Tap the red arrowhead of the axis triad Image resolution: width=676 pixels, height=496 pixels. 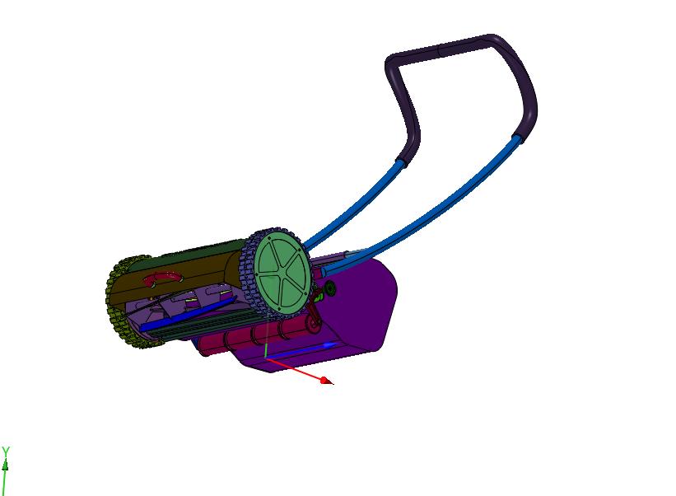click(x=326, y=381)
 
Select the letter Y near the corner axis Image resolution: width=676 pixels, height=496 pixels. click(x=6, y=452)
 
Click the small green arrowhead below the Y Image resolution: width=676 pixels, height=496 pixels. click(x=5, y=466)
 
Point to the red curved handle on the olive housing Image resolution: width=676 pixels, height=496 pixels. click(x=161, y=278)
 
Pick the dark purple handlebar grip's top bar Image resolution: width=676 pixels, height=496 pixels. click(x=444, y=49)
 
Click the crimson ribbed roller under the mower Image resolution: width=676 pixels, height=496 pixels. click(x=254, y=336)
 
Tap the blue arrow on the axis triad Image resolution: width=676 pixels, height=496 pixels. click(x=302, y=350)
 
